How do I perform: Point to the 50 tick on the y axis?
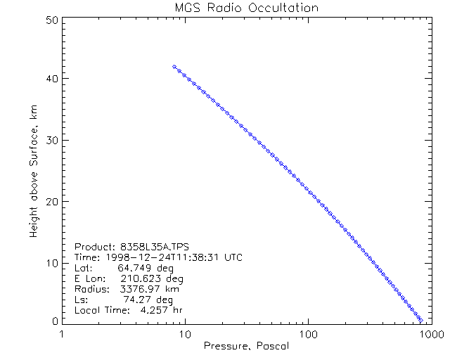[x=51, y=20]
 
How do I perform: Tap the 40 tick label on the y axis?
[x=51, y=79]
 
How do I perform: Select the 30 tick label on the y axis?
[x=51, y=140]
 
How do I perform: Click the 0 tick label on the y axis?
[x=54, y=320]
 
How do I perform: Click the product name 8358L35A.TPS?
[x=152, y=247]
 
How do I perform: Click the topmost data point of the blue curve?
[x=174, y=66]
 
